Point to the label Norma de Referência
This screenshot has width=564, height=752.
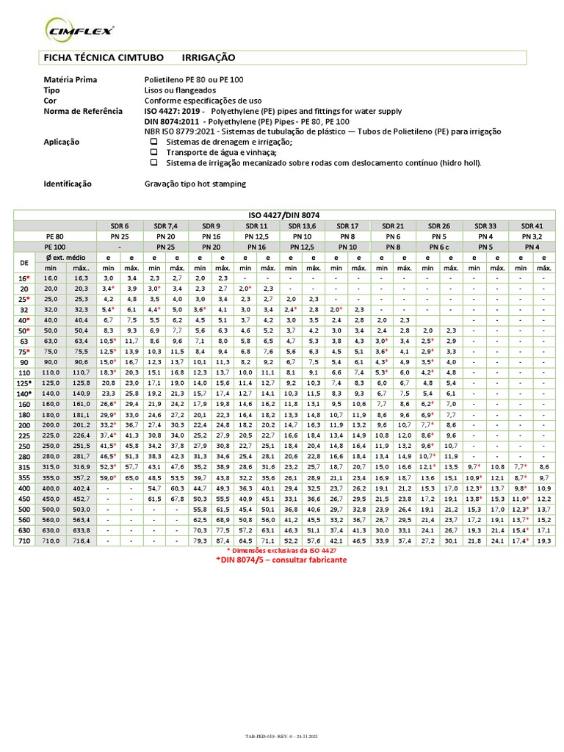(x=83, y=110)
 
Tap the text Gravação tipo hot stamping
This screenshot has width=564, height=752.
(x=195, y=184)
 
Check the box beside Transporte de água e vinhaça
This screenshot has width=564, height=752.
(x=153, y=152)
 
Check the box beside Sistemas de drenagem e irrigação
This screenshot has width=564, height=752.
(x=153, y=142)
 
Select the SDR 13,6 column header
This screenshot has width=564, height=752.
(x=301, y=225)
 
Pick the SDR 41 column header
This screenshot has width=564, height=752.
(x=532, y=225)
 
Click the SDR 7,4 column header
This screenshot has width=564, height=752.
(x=166, y=225)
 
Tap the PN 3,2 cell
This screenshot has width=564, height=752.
(x=532, y=236)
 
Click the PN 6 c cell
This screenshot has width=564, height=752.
(x=439, y=247)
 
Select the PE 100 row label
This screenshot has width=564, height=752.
(x=55, y=247)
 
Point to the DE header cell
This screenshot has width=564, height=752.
(x=24, y=262)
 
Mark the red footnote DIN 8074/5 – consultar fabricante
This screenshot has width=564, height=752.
(x=281, y=560)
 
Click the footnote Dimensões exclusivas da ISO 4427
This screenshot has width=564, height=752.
(x=281, y=550)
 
